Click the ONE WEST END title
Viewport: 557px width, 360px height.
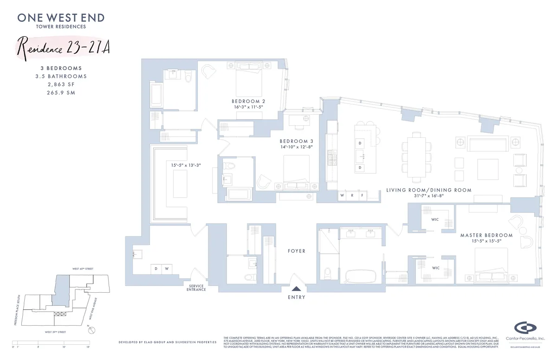[61, 18]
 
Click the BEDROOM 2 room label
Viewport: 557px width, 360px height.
[248, 101]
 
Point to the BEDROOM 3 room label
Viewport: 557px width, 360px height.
[296, 141]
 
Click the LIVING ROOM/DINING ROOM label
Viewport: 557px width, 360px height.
[428, 190]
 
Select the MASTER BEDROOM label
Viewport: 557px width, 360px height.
[486, 235]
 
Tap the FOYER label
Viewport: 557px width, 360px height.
[297, 251]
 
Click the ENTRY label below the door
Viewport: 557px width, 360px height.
[297, 297]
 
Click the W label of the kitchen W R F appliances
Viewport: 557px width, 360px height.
[343, 196]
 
